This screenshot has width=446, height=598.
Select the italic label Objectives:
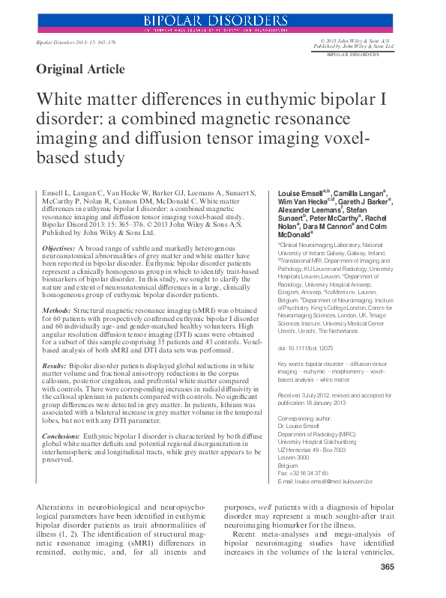click(59, 248)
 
